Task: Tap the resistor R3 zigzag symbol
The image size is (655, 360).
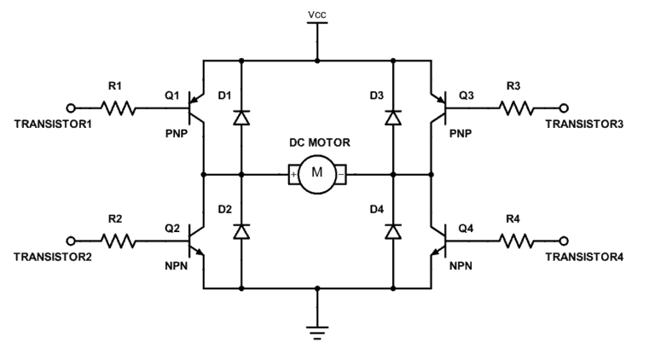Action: (x=516, y=108)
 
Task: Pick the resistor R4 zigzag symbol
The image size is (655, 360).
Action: (x=516, y=241)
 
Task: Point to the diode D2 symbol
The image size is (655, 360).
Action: (x=241, y=231)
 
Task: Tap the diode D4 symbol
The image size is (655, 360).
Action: (x=393, y=231)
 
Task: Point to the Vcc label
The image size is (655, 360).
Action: (x=317, y=15)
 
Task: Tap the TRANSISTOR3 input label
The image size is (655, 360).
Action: (x=584, y=125)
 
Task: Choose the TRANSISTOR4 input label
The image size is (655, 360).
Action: (x=584, y=257)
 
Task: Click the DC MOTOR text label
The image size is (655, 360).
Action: (x=317, y=143)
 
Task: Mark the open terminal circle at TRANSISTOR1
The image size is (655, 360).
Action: (x=72, y=108)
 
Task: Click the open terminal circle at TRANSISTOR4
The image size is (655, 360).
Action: (x=563, y=241)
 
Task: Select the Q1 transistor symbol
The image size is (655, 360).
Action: (x=197, y=108)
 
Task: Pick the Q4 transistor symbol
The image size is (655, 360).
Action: (x=438, y=241)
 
